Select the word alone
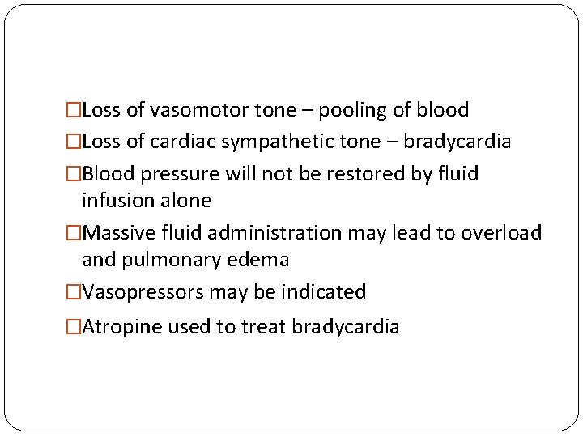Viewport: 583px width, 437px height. tap(186, 200)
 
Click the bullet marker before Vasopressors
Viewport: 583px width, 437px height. tap(74, 292)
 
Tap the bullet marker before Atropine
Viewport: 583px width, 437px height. tap(74, 327)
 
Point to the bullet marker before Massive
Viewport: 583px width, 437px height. tap(74, 233)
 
